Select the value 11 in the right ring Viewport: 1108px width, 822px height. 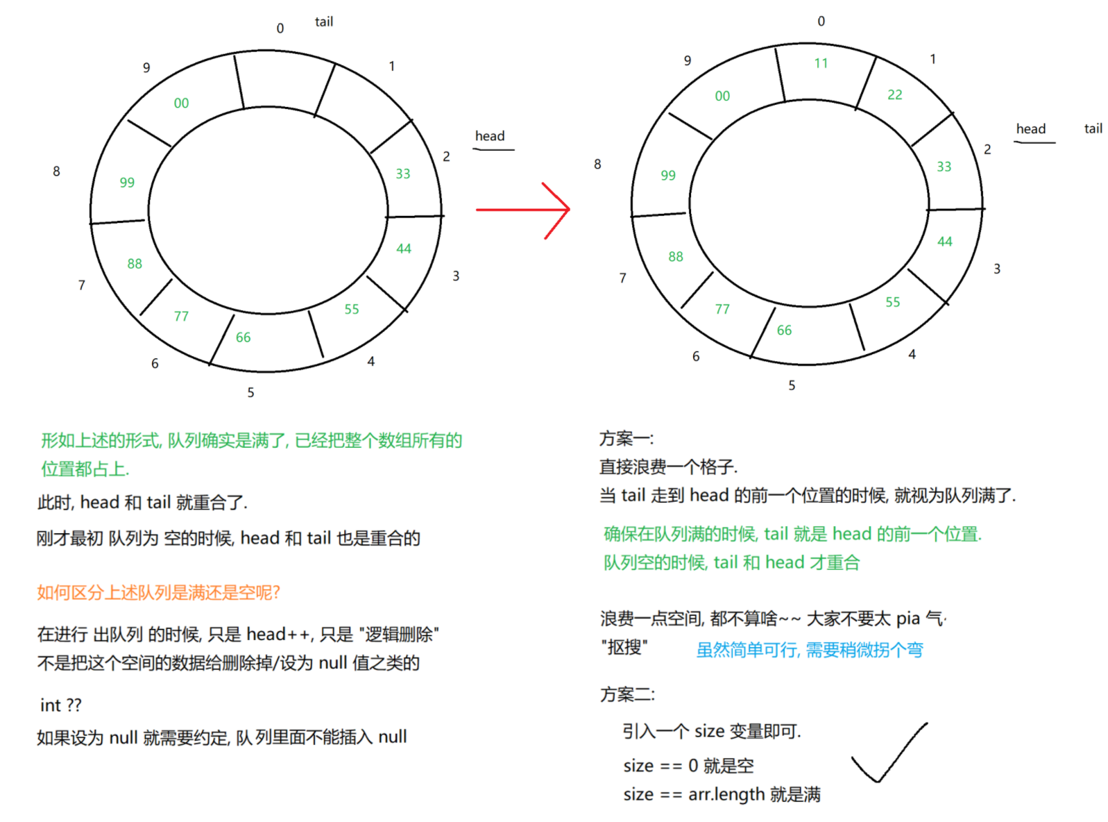click(821, 63)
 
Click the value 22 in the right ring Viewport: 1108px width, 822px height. click(895, 94)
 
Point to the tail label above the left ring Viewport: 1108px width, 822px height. click(324, 22)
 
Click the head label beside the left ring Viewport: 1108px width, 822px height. click(490, 136)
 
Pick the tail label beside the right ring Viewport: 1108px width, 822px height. click(1093, 128)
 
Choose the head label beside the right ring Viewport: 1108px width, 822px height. click(1031, 129)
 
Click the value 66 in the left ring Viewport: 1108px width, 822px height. click(243, 337)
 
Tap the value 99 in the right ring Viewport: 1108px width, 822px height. click(668, 175)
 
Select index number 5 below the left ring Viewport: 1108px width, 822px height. click(250, 392)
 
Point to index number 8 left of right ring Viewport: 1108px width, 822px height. click(597, 164)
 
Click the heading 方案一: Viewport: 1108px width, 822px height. click(627, 439)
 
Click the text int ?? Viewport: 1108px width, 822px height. click(60, 705)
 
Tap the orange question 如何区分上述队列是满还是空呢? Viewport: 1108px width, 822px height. click(158, 592)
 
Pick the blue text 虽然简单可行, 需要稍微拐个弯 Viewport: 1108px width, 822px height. click(810, 650)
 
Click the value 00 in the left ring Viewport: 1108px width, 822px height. click(181, 103)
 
